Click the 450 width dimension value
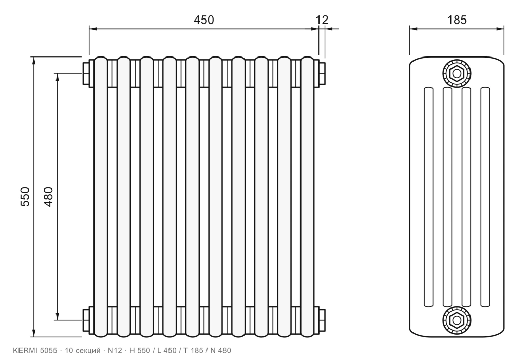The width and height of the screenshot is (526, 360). [x=203, y=20]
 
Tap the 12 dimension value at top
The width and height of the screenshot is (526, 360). [x=322, y=20]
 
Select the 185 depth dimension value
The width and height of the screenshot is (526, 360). [x=457, y=20]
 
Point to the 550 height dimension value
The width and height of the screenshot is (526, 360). [x=25, y=197]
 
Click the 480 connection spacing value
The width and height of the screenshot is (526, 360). [x=48, y=197]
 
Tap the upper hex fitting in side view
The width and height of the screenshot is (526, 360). [x=457, y=73]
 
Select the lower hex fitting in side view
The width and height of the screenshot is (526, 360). [x=457, y=320]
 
